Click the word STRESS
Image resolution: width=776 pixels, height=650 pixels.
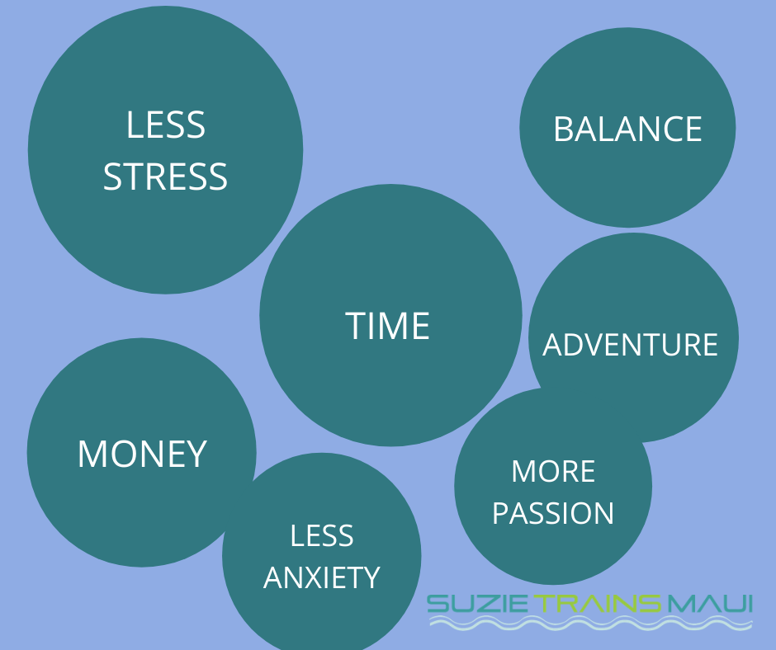click(x=165, y=177)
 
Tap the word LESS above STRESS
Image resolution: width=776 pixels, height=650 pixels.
click(x=166, y=125)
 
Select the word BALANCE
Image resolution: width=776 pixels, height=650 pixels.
click(x=627, y=130)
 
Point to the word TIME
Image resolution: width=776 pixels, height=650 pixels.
click(x=387, y=326)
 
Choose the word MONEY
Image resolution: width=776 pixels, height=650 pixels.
click(x=142, y=454)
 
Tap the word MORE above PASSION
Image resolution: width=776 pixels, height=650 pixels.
click(x=553, y=471)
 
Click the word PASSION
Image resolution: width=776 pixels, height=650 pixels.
click(x=553, y=512)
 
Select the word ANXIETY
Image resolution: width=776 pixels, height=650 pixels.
click(x=322, y=577)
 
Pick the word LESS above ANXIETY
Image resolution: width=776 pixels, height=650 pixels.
click(x=322, y=535)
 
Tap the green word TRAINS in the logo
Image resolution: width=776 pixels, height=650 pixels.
click(x=599, y=604)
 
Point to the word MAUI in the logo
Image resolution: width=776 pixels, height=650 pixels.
click(x=710, y=604)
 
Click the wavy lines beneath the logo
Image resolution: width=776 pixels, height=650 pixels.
click(x=591, y=623)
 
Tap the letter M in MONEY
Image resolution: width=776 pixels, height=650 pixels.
click(x=92, y=454)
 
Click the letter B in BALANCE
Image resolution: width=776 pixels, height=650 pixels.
click(x=563, y=130)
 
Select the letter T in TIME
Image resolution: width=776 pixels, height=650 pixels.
click(x=355, y=326)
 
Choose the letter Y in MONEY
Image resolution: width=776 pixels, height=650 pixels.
click(x=197, y=454)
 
